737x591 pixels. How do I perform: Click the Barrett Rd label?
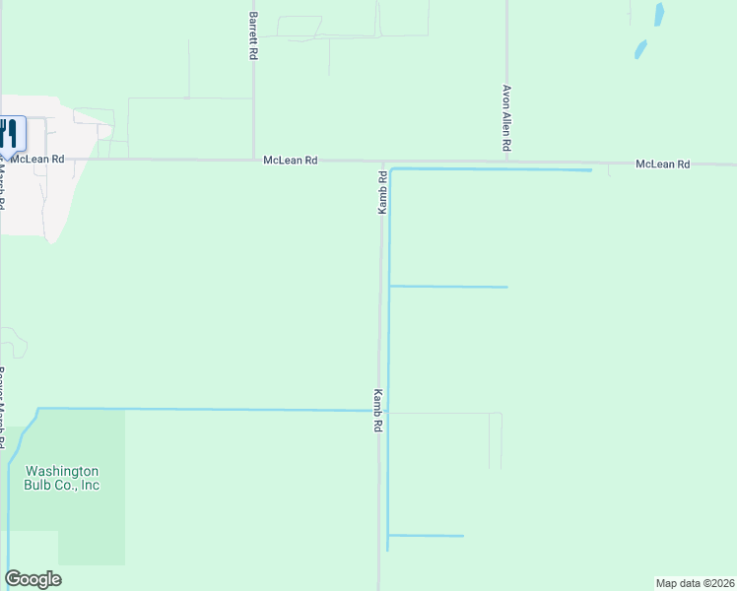click(253, 37)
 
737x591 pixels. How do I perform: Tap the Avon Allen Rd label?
click(506, 117)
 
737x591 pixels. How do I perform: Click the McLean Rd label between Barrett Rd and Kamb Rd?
click(291, 160)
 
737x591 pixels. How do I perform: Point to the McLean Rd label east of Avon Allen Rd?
click(662, 164)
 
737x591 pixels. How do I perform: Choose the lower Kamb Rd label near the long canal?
click(377, 412)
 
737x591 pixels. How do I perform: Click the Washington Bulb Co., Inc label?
click(62, 478)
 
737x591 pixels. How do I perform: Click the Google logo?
click(33, 579)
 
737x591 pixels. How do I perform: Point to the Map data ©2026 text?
click(695, 583)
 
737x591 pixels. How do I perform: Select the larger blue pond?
click(658, 15)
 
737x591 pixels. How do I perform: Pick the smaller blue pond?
click(641, 48)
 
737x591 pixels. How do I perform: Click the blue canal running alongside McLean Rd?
click(493, 170)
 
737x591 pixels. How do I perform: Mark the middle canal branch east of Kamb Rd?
click(448, 287)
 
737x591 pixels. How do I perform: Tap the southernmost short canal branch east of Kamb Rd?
click(426, 536)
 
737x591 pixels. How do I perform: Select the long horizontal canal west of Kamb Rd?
click(197, 410)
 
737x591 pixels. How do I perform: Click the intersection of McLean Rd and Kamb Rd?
click(383, 162)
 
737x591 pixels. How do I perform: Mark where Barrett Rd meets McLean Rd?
click(254, 159)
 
